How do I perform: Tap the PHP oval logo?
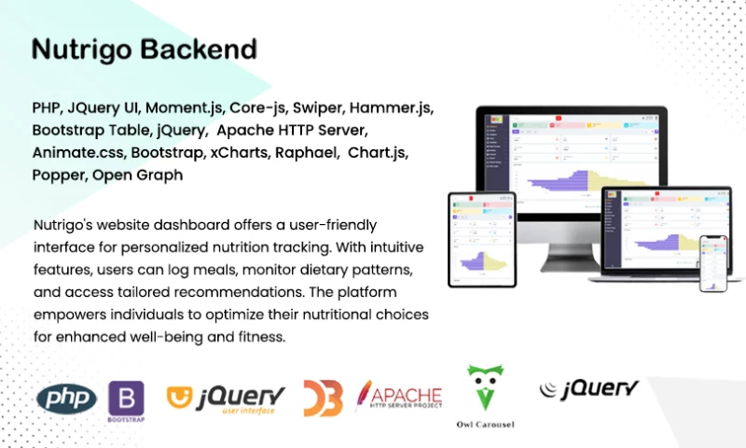coord(67,399)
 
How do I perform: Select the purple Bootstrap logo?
coord(127,399)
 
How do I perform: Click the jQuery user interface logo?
coord(226,399)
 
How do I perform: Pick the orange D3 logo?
coord(323,399)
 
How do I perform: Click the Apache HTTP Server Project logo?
coord(399,397)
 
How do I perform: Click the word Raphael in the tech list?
coord(306,152)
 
